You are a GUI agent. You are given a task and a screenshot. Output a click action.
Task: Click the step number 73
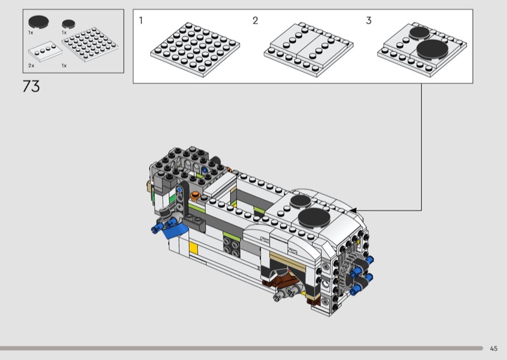point(31,86)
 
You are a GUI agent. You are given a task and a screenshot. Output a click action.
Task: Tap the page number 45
point(494,349)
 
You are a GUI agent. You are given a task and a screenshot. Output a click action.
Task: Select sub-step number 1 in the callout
point(141,20)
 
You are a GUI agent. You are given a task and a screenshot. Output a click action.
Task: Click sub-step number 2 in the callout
point(255,20)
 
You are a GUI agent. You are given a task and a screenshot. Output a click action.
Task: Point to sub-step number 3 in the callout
point(369,20)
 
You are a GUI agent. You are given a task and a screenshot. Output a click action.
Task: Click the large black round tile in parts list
point(39,22)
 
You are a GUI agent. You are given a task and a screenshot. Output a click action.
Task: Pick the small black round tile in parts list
point(68,23)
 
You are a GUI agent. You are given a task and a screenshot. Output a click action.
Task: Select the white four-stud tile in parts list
point(45,51)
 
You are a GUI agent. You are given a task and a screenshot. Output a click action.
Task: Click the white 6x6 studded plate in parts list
point(90,44)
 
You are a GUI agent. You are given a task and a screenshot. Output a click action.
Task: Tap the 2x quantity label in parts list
point(31,66)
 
